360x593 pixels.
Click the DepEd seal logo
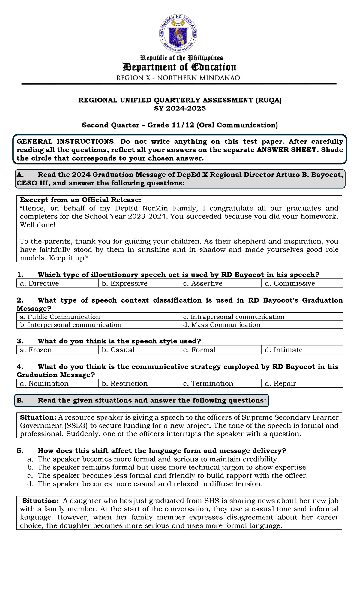pos(178,33)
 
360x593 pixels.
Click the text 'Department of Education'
pos(179,67)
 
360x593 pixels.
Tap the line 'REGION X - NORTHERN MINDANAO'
pos(178,78)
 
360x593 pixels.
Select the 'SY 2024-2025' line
pos(180,109)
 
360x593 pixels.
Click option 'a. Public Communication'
pos(60,317)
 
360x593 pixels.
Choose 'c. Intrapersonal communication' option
pos(233,317)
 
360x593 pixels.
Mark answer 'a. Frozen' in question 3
pos(36,350)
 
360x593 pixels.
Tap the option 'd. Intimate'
pos(288,350)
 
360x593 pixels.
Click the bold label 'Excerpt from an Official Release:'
pos(80,200)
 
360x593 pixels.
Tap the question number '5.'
pos(20,451)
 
